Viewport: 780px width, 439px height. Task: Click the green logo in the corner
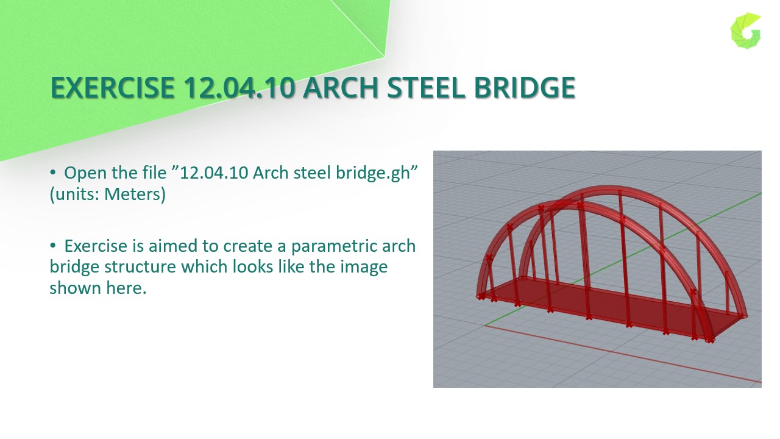point(746,30)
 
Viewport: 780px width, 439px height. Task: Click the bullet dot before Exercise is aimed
point(53,246)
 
